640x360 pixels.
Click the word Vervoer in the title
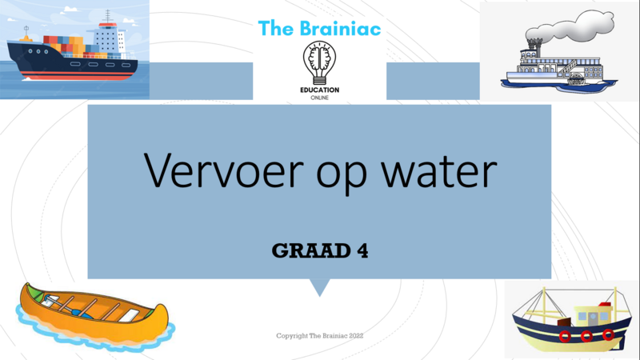224,170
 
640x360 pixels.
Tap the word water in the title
438,171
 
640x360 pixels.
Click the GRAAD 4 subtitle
319,250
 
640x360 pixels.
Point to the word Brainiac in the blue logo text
340,28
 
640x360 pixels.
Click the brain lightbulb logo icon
319,63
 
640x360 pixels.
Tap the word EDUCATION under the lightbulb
319,90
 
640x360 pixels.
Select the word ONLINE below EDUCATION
319,98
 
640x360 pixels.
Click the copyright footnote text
319,336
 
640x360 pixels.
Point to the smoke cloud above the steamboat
571,28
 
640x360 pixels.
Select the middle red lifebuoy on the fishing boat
586,337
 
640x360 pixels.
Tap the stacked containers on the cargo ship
67,46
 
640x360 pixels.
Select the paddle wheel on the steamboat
576,79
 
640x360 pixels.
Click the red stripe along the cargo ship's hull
78,74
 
